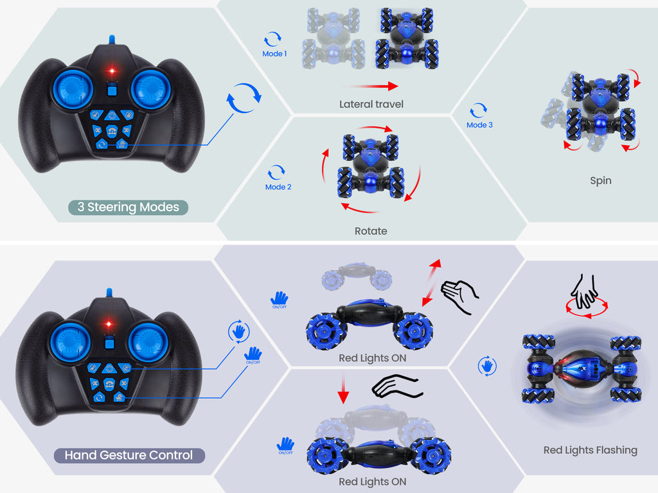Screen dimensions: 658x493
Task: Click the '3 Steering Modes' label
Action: (x=128, y=207)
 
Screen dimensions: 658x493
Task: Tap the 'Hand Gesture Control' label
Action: (x=129, y=455)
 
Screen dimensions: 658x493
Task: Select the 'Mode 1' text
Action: (x=274, y=54)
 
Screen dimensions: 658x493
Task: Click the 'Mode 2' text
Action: (x=278, y=187)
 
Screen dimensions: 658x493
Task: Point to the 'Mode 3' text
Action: (x=479, y=125)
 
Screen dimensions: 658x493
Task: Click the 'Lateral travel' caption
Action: (x=371, y=105)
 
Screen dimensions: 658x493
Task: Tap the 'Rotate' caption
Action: (x=371, y=231)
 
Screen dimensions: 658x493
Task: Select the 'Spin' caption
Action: (x=601, y=180)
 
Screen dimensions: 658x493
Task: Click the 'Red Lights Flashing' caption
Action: (x=591, y=450)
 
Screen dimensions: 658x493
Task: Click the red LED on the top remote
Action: (x=112, y=71)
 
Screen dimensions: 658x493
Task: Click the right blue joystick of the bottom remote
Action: (x=147, y=343)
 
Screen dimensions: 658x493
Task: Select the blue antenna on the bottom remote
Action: (x=109, y=293)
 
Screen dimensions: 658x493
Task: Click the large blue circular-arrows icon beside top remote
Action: (x=244, y=98)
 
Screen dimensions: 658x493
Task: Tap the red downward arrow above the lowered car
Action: (x=343, y=388)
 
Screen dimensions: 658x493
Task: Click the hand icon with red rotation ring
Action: (x=586, y=297)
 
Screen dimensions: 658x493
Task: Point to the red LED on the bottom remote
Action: (x=108, y=324)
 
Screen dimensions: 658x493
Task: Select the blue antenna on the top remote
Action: (x=112, y=40)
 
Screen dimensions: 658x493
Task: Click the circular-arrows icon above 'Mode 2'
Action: (x=276, y=172)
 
